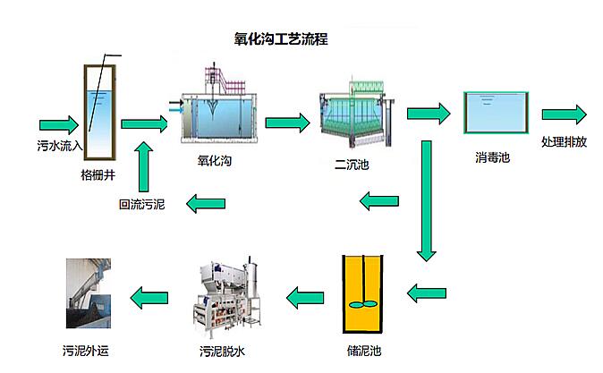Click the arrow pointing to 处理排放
(564, 114)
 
